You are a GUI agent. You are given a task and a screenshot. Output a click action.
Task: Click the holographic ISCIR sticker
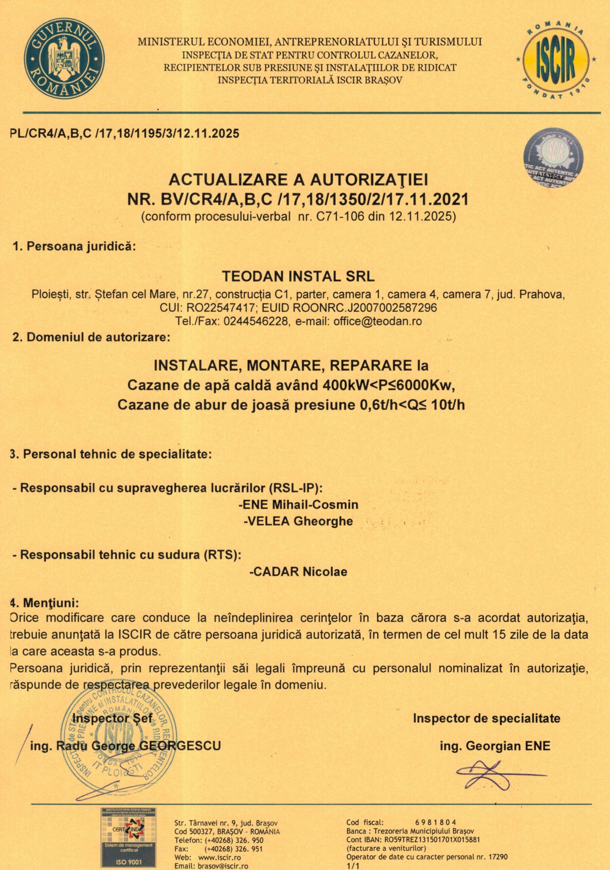553,159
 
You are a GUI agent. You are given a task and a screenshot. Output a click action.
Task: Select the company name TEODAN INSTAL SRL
298,276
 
